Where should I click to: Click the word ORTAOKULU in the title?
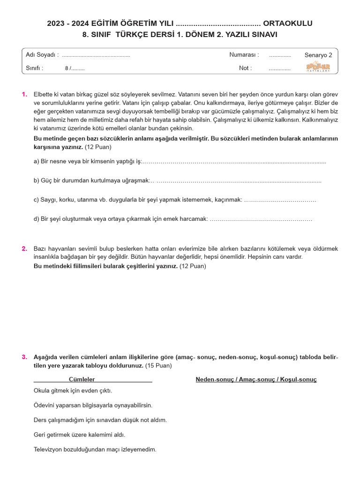(287, 23)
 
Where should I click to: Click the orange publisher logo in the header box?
(318, 67)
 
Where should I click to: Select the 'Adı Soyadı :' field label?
(42, 55)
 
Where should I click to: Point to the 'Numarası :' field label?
(244, 55)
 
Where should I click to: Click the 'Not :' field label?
(245, 68)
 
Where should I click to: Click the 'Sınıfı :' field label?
(35, 68)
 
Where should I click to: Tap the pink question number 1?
(24, 94)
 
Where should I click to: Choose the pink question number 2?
(24, 248)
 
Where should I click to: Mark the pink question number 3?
(24, 357)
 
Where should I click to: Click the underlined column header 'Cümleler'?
(82, 379)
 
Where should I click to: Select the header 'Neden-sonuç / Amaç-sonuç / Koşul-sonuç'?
(256, 379)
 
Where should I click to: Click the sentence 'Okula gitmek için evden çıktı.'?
(73, 390)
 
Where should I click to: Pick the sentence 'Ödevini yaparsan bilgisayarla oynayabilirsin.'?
(93, 405)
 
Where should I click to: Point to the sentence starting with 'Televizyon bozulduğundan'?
(95, 449)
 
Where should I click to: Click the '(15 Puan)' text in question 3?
(158, 365)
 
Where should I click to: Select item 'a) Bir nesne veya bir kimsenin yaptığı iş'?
(87, 162)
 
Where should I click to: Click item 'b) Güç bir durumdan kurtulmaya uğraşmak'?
(91, 180)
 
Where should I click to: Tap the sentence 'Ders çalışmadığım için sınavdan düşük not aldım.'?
(100, 420)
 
